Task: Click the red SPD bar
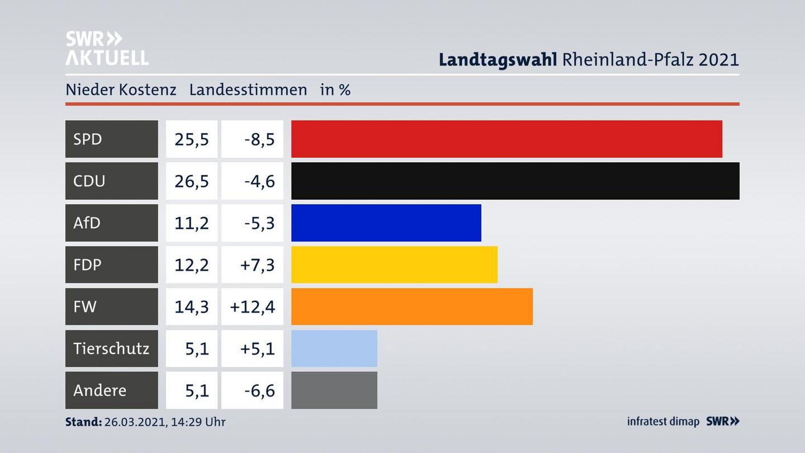(506, 139)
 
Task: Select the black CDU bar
(515, 181)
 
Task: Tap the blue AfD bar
(386, 223)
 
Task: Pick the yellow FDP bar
(394, 265)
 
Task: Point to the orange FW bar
(411, 306)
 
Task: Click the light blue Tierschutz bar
(334, 348)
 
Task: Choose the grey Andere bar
(334, 390)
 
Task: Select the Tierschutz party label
(111, 348)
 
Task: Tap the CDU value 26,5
(192, 181)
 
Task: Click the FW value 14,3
(192, 306)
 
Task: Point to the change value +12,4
(253, 306)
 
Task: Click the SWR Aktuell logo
(107, 48)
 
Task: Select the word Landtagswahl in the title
(498, 59)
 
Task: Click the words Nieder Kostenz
(121, 89)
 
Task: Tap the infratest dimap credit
(663, 421)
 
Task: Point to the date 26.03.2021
(134, 422)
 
